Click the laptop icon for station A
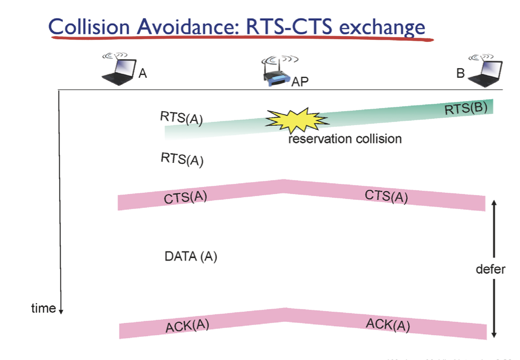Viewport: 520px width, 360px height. [118, 69]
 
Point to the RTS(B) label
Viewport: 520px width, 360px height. [466, 109]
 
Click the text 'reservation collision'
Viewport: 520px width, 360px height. [345, 139]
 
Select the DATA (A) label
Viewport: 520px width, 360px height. [191, 257]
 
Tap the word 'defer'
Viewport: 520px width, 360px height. [490, 269]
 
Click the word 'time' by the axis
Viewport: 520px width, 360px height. [44, 308]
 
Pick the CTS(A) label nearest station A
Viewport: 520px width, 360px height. [185, 198]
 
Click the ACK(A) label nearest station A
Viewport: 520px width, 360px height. [187, 325]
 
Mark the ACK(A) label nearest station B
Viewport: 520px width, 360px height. [388, 324]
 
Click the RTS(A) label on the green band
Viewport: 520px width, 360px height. [182, 118]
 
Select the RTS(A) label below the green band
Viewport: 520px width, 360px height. [182, 159]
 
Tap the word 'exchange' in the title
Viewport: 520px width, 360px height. [382, 27]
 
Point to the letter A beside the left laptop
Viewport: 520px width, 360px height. [142, 74]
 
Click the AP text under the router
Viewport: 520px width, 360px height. [301, 82]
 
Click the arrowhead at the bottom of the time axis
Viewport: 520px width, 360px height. [61, 311]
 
